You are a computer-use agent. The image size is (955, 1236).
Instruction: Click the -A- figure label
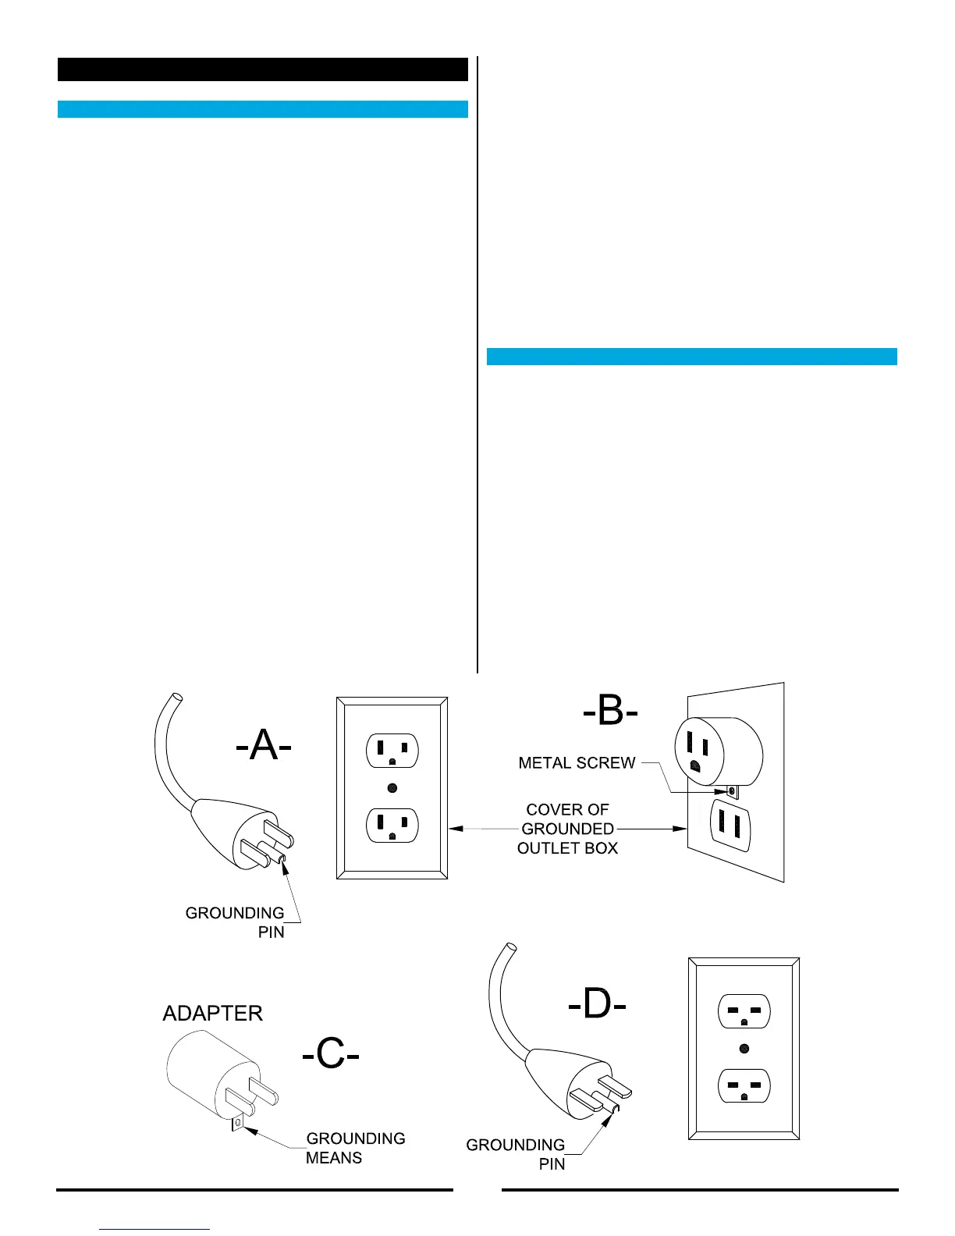pyautogui.click(x=264, y=747)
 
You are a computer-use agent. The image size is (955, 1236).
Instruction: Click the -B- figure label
pyautogui.click(x=610, y=713)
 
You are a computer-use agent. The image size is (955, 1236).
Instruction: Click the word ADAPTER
pyautogui.click(x=212, y=1013)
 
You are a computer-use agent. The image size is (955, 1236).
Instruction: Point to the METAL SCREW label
pyautogui.click(x=577, y=763)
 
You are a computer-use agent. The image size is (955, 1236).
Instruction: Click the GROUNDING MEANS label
pyautogui.click(x=355, y=1148)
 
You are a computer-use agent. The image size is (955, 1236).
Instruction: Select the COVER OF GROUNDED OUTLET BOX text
pyautogui.click(x=567, y=829)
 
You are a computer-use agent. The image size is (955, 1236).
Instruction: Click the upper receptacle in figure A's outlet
pyautogui.click(x=392, y=751)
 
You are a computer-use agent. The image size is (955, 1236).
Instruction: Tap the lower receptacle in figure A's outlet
pyautogui.click(x=392, y=826)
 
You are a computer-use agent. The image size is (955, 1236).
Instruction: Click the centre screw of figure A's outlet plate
pyautogui.click(x=392, y=788)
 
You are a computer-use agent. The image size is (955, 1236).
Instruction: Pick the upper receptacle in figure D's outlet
pyautogui.click(x=744, y=1011)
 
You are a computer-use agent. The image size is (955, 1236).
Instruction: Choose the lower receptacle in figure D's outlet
pyautogui.click(x=744, y=1085)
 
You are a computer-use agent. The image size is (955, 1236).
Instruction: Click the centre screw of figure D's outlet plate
pyautogui.click(x=744, y=1048)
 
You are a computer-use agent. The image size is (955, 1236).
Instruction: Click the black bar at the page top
pyautogui.click(x=262, y=69)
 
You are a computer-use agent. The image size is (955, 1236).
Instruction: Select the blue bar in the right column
pyautogui.click(x=691, y=357)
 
